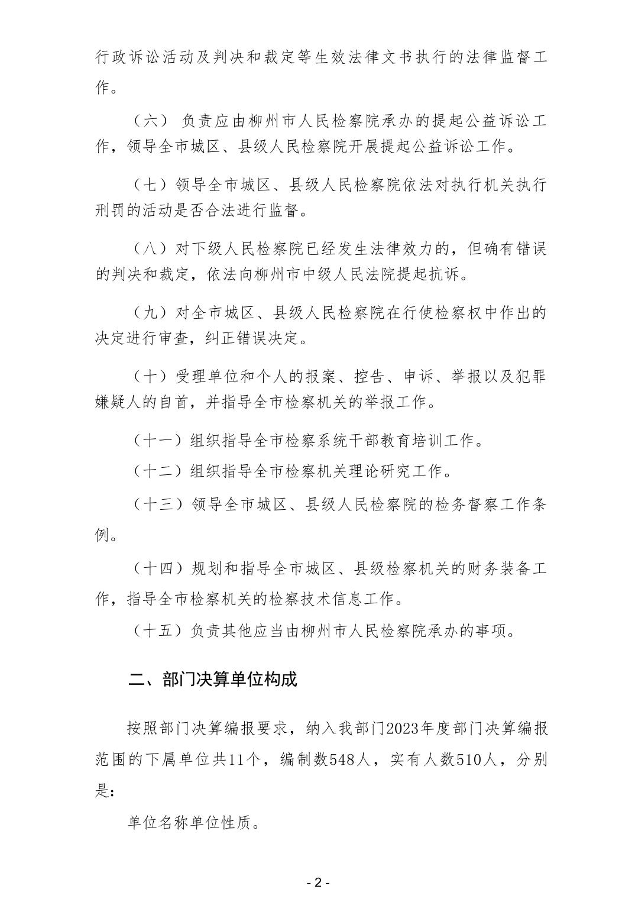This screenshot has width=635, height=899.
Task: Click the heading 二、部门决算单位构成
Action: tap(212, 679)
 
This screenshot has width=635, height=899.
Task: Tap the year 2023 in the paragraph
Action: tap(401, 728)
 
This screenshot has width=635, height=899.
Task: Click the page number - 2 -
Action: tap(317, 883)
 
